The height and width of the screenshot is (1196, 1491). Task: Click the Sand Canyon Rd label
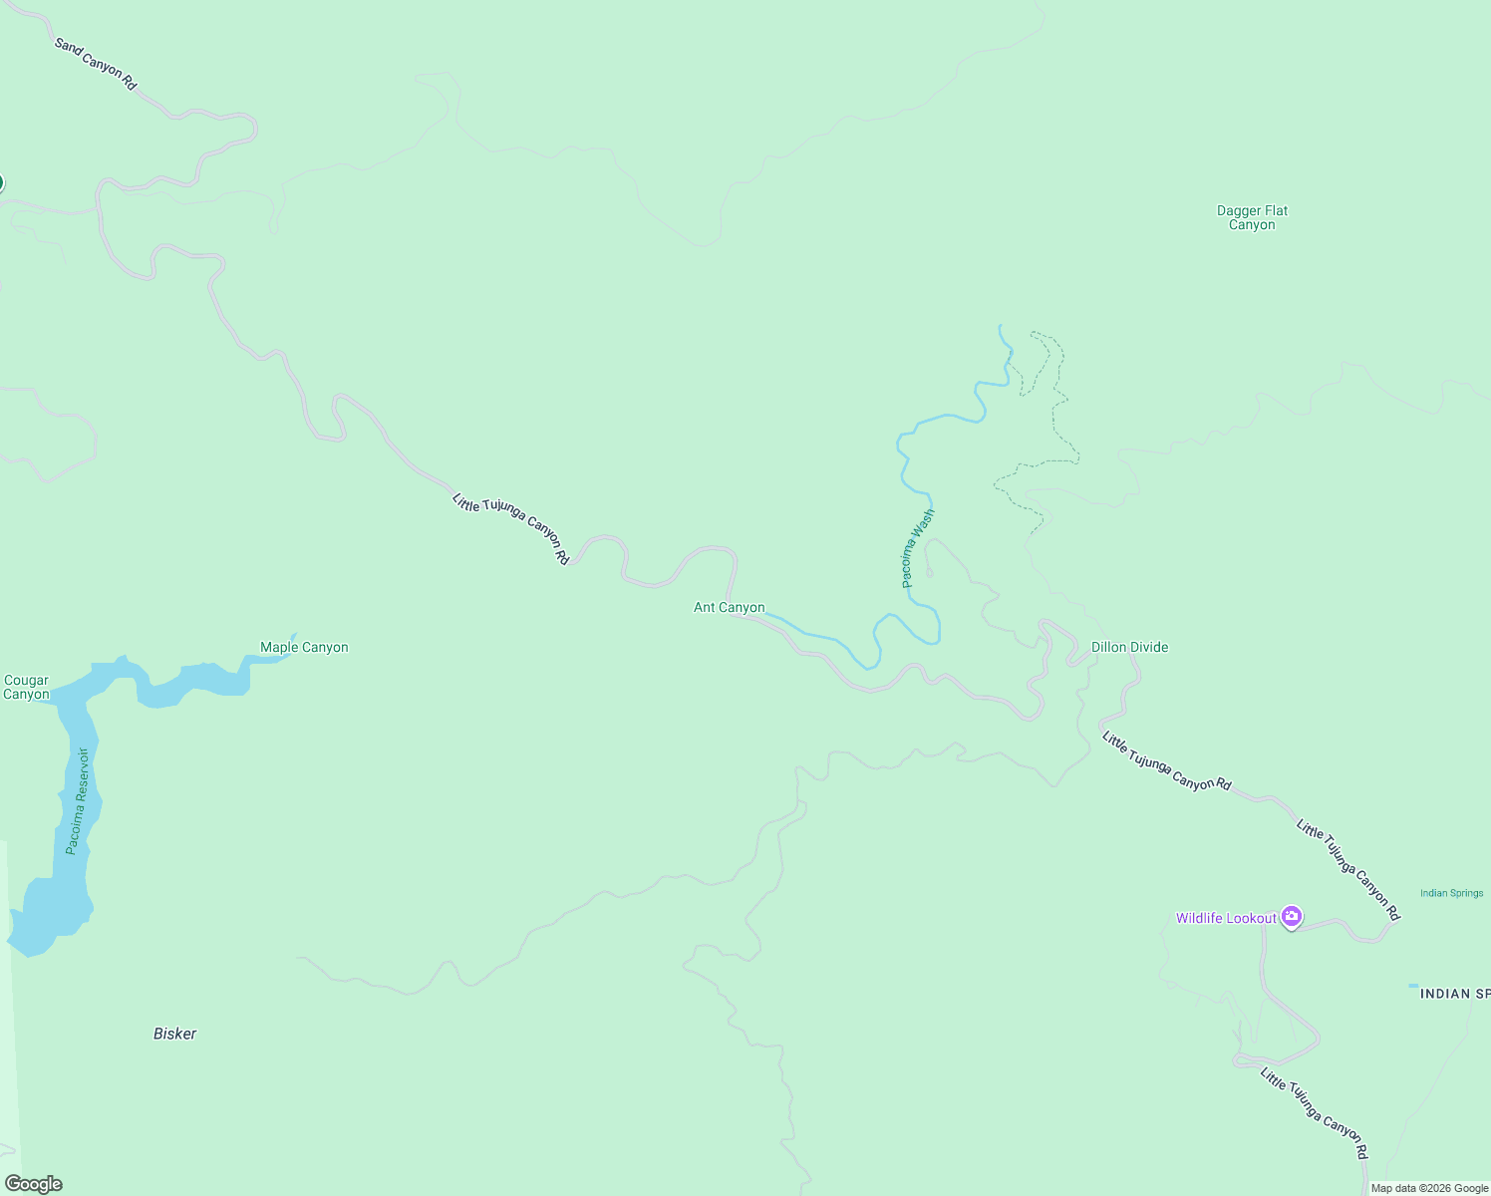tap(96, 64)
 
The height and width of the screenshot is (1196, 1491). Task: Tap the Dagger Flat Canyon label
tap(1252, 217)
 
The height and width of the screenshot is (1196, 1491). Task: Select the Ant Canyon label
tap(729, 607)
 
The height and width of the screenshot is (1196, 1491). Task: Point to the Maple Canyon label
tap(304, 647)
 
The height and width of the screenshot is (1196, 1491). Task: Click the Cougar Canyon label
tap(26, 688)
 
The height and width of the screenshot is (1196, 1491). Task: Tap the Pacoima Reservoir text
tap(78, 800)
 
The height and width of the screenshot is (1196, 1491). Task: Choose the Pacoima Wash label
tap(918, 547)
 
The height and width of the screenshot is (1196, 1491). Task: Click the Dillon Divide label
tap(1129, 647)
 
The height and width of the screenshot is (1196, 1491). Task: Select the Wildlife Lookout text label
tap(1226, 918)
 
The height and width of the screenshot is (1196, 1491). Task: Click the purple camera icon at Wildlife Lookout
tap(1292, 916)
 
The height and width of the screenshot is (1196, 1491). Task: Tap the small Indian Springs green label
tap(1451, 893)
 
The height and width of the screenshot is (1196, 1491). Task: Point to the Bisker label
tap(174, 1034)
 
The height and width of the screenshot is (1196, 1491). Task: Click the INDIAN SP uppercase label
tap(1454, 994)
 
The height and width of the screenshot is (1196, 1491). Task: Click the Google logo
tap(34, 1184)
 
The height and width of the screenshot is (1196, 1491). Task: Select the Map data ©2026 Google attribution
tap(1429, 1188)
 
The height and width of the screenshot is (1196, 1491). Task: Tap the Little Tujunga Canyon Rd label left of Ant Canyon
tap(510, 529)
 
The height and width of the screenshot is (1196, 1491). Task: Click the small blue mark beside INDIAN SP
tap(1412, 986)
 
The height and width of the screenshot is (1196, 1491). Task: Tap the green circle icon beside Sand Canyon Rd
tap(1, 182)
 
